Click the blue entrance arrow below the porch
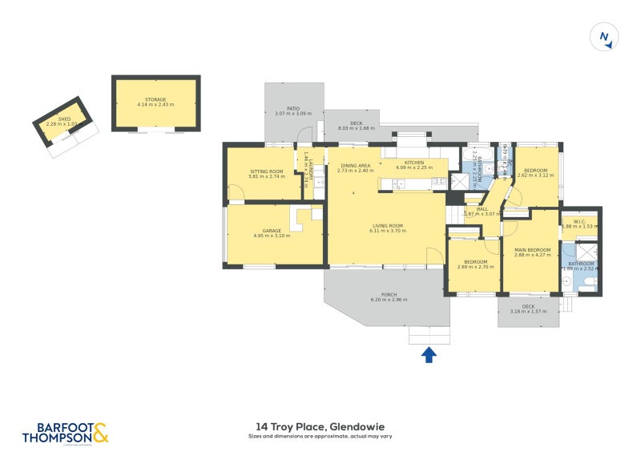click(x=429, y=354)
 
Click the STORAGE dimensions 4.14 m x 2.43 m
click(x=155, y=104)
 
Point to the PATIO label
click(x=293, y=109)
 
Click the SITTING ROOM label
click(x=267, y=171)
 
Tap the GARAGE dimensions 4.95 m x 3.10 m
click(x=272, y=236)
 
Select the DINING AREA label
click(x=356, y=164)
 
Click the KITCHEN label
click(x=413, y=163)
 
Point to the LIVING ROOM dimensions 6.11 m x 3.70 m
click(x=387, y=230)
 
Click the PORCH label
click(x=389, y=294)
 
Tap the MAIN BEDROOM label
click(x=532, y=249)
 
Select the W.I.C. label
click(x=579, y=221)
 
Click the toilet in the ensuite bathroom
click(x=589, y=282)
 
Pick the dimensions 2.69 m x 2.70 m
click(x=474, y=266)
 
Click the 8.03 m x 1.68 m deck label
click(x=356, y=128)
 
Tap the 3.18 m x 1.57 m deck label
click(x=528, y=311)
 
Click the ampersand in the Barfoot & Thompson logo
click(x=100, y=434)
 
